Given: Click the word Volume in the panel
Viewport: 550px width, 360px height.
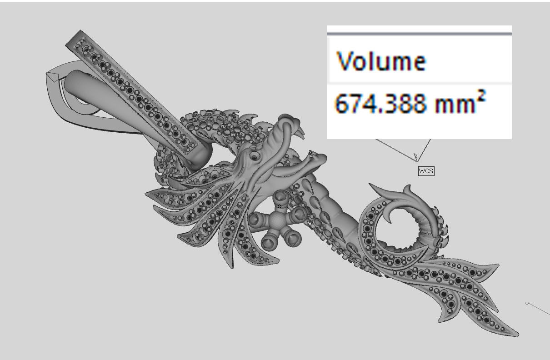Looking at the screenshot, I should coord(380,61).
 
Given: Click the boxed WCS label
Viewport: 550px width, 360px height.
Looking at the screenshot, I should coord(426,171).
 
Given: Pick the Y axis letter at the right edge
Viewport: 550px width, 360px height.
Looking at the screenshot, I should coord(528,305).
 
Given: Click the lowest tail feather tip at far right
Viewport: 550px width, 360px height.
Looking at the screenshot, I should coord(517,335).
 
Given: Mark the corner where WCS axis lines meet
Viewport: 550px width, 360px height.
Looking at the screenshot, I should coord(416,160).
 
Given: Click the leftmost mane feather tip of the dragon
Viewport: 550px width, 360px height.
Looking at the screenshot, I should coord(146,194).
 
